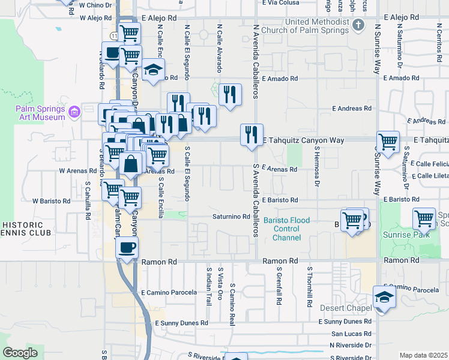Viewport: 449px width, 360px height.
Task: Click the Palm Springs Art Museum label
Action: click(40, 113)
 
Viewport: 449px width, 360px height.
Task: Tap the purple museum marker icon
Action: click(74, 112)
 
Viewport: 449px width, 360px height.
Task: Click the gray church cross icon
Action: click(358, 25)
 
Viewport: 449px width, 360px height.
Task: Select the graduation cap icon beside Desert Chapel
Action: click(384, 297)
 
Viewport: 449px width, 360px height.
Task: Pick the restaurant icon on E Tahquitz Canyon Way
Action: click(252, 133)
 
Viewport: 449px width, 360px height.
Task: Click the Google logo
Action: click(20, 352)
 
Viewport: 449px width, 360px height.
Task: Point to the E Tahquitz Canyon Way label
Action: click(304, 140)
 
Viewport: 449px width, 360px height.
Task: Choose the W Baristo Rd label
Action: click(52, 200)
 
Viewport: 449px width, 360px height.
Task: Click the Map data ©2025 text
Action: click(423, 355)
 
